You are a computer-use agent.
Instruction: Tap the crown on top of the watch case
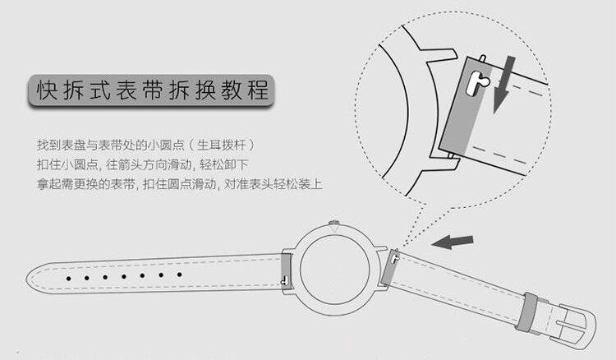(335, 222)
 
